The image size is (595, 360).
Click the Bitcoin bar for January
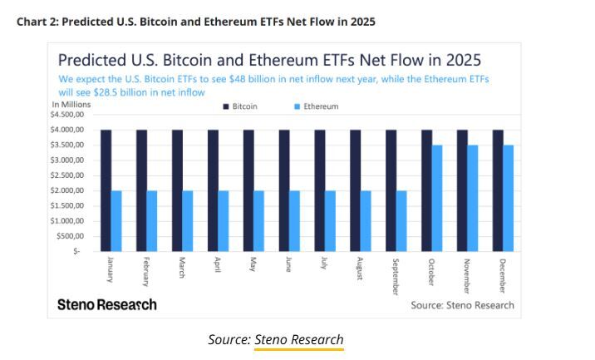(106, 190)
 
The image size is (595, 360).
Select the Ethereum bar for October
(437, 198)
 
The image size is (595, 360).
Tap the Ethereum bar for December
(509, 198)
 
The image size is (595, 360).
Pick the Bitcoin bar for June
(284, 190)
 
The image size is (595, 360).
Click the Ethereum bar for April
(224, 220)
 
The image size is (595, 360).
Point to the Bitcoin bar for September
(391, 190)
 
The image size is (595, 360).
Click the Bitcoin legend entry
(240, 106)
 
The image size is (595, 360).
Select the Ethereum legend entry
(316, 106)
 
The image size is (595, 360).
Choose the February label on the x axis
(146, 271)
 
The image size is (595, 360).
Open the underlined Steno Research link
(298, 339)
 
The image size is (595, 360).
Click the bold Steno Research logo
(106, 304)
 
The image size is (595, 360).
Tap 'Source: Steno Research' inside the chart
(462, 305)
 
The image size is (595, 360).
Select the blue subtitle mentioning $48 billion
(273, 85)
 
